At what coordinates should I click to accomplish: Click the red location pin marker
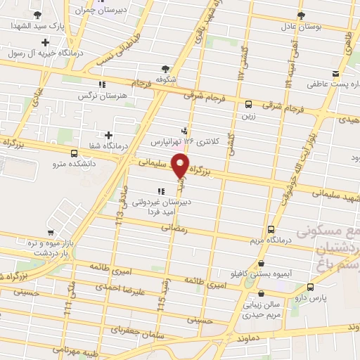pos(181,166)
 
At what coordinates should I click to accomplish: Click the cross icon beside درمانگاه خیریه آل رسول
pos(45,43)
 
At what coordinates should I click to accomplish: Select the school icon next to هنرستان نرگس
pos(101,84)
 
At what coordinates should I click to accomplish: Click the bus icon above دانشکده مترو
pos(75,153)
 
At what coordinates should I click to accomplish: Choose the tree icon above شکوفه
pos(165,69)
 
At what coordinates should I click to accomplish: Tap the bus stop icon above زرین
pos(247,105)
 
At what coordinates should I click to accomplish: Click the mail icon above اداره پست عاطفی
pos(336,75)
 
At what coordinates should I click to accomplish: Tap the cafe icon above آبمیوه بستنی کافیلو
pos(261,263)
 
